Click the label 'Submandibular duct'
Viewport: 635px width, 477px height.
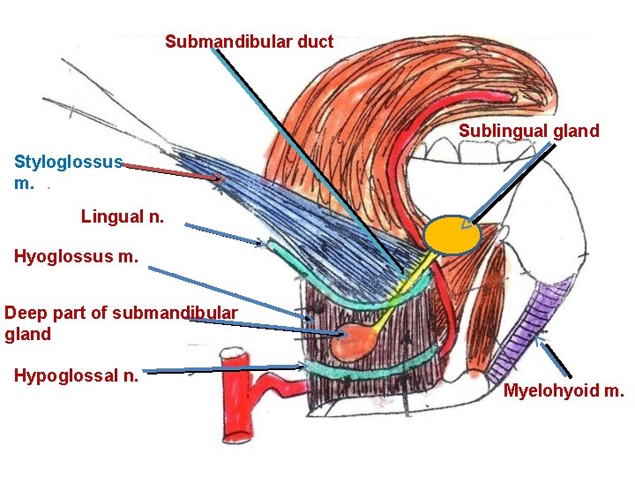click(249, 42)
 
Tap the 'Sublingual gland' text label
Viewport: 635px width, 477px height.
click(528, 132)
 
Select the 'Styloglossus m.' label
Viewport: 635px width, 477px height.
click(67, 172)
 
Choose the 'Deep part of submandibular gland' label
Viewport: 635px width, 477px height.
click(121, 323)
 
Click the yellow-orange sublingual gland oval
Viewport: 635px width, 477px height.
click(452, 236)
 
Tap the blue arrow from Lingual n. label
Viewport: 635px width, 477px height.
click(224, 234)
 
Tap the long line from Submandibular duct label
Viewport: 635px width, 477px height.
click(309, 159)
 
